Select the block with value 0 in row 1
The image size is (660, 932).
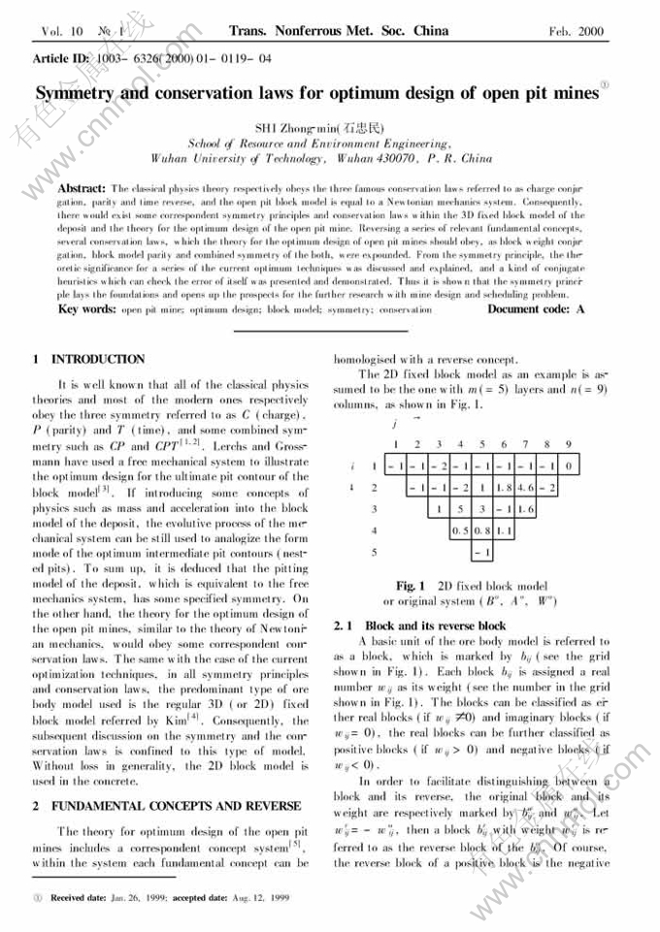click(568, 466)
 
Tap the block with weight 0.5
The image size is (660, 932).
click(460, 530)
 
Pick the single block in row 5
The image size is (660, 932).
click(481, 553)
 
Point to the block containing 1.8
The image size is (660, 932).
click(503, 487)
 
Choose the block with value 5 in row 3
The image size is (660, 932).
click(460, 508)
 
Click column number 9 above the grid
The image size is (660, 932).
click(568, 444)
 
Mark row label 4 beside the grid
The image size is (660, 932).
click(373, 530)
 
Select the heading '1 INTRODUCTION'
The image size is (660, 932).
click(89, 359)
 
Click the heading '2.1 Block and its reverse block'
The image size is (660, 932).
click(419, 626)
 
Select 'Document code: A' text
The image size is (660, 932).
click(536, 309)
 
